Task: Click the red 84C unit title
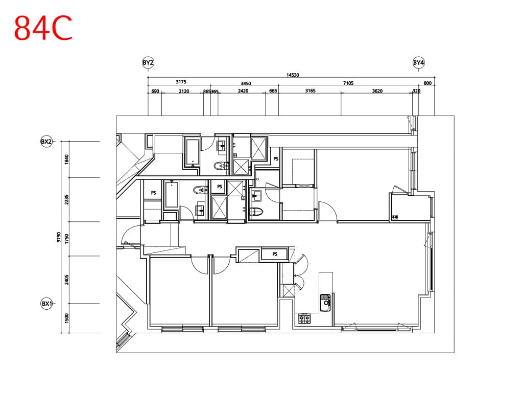coord(43,29)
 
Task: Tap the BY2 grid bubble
coord(148,62)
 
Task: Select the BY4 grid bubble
coord(419,62)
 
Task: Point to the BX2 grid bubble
coord(46,142)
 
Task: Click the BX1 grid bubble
coord(46,304)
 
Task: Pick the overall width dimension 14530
coord(293,75)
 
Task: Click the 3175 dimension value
coord(181,82)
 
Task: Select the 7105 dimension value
coord(348,83)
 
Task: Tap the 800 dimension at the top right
coord(427,83)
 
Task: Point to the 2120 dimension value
coord(184,91)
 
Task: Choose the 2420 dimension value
coord(243,91)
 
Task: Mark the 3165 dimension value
coord(310,91)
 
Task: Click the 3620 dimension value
coord(377,91)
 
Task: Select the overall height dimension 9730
coord(59,237)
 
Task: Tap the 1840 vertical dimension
coord(67,159)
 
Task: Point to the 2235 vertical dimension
coord(67,200)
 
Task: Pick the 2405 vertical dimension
coord(67,280)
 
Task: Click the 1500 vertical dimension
coord(67,318)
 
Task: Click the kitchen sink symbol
coord(325,303)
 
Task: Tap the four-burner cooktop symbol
coord(304,318)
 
